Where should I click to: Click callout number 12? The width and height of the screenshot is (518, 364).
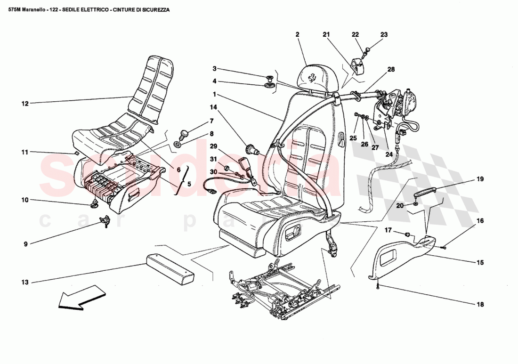click(x=25, y=103)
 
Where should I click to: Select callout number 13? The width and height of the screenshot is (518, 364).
click(x=25, y=282)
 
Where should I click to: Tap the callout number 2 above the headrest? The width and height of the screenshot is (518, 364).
click(x=298, y=34)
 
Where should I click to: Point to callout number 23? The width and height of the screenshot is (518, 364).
click(x=384, y=34)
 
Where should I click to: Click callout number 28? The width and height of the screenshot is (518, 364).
click(x=391, y=70)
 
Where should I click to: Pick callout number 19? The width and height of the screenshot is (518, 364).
click(x=479, y=179)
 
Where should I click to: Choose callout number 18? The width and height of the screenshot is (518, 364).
click(x=479, y=304)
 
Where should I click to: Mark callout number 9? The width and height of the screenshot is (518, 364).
click(x=25, y=244)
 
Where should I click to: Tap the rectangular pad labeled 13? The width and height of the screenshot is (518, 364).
click(x=170, y=268)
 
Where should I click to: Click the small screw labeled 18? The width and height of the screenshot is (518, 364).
click(x=378, y=285)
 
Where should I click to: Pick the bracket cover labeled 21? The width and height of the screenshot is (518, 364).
click(x=361, y=67)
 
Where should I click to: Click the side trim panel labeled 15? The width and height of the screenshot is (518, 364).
click(x=400, y=257)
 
